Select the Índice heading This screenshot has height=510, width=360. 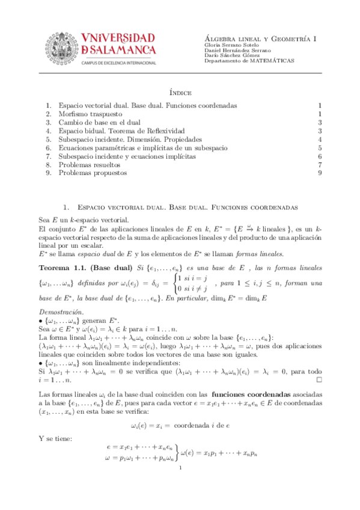(x=180, y=93)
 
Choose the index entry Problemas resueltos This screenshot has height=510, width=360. (x=90, y=164)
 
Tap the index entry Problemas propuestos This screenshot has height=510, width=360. (x=93, y=173)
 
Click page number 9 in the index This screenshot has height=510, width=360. (x=321, y=173)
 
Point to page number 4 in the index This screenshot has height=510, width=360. (x=321, y=139)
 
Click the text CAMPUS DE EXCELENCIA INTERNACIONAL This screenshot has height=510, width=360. (x=118, y=63)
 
